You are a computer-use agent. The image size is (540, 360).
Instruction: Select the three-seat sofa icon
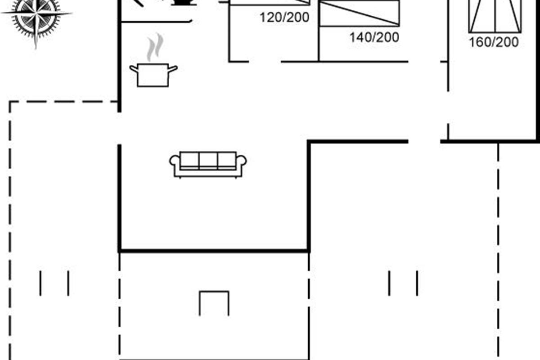208,165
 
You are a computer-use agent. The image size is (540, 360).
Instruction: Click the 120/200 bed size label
284,18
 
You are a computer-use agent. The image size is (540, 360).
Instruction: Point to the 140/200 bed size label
374,37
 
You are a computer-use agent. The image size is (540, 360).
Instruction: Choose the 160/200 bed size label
494,42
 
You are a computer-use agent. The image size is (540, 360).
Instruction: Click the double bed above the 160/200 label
495,16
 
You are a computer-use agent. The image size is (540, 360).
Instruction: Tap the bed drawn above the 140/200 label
359,13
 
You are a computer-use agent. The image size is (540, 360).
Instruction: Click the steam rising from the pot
155,47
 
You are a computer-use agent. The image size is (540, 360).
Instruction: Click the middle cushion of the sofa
208,160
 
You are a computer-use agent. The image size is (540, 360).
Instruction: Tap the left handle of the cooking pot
134,69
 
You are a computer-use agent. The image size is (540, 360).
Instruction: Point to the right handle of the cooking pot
173,69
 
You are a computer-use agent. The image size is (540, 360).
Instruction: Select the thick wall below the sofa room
214,251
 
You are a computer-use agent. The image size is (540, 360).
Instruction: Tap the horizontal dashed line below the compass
63,102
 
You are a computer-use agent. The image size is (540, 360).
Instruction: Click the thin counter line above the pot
156,22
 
